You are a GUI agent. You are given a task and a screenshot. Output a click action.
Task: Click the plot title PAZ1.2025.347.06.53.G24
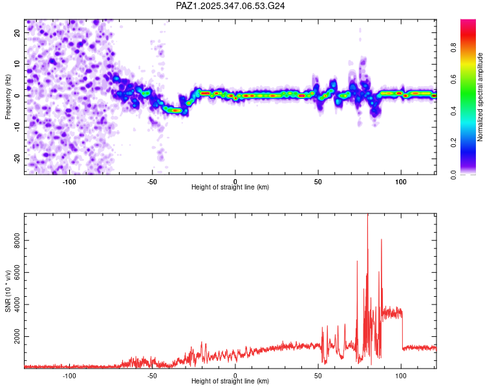point(231,6)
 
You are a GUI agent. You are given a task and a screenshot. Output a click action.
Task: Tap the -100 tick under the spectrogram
point(69,182)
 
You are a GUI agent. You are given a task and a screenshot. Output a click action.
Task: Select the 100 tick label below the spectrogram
point(401,182)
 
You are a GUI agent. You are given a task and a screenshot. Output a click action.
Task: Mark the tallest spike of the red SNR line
point(368,215)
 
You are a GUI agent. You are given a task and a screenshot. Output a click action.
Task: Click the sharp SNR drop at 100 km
point(402,330)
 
